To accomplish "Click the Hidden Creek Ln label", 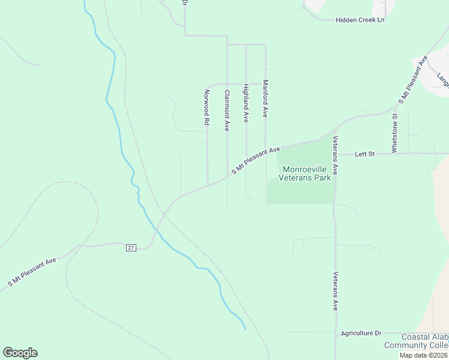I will pyautogui.click(x=360, y=20).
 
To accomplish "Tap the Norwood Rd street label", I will pyautogui.click(x=206, y=107).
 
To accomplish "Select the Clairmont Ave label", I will pyautogui.click(x=227, y=110).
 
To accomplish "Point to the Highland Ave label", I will pyautogui.click(x=246, y=103).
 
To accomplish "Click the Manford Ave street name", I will pyautogui.click(x=265, y=99).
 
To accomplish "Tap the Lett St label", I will pyautogui.click(x=364, y=154).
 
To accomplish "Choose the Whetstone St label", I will pyautogui.click(x=394, y=133).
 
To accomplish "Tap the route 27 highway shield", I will pyautogui.click(x=130, y=248).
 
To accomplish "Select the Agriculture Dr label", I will pyautogui.click(x=361, y=333).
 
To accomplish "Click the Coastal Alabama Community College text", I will pyautogui.click(x=415, y=341).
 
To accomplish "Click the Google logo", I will pyautogui.click(x=20, y=353).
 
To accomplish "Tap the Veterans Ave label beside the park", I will pyautogui.click(x=336, y=155).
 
